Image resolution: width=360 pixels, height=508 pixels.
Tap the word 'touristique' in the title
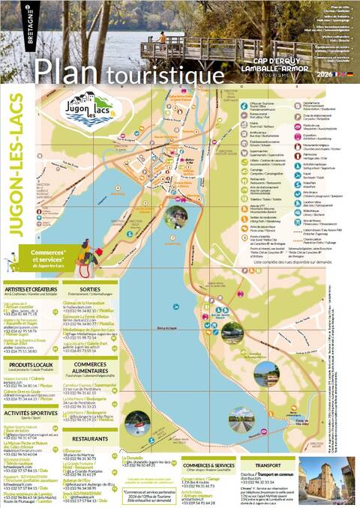pyautogui.click(x=164, y=75)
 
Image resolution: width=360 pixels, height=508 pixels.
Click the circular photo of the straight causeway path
pyautogui.click(x=137, y=424)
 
